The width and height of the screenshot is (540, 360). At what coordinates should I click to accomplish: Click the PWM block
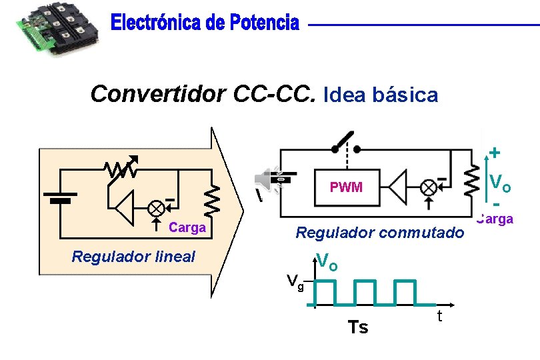click(x=346, y=187)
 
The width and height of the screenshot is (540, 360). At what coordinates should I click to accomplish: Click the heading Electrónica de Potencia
click(x=205, y=23)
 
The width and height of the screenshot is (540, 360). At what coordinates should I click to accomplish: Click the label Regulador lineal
click(x=133, y=256)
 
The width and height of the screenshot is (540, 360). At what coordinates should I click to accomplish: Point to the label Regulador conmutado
click(x=379, y=233)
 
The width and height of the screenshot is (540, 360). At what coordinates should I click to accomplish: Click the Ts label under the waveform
click(x=358, y=327)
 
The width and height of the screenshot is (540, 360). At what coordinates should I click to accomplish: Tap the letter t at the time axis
click(x=440, y=317)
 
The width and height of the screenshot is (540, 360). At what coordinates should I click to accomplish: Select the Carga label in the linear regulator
click(x=187, y=228)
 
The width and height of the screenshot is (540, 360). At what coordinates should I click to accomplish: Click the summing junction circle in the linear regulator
click(x=156, y=207)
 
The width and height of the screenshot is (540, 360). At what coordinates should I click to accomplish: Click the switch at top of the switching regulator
click(x=347, y=141)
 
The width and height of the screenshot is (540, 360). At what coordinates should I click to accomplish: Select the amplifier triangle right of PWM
click(x=399, y=187)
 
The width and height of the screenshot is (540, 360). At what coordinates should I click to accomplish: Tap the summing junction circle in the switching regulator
click(x=429, y=187)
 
